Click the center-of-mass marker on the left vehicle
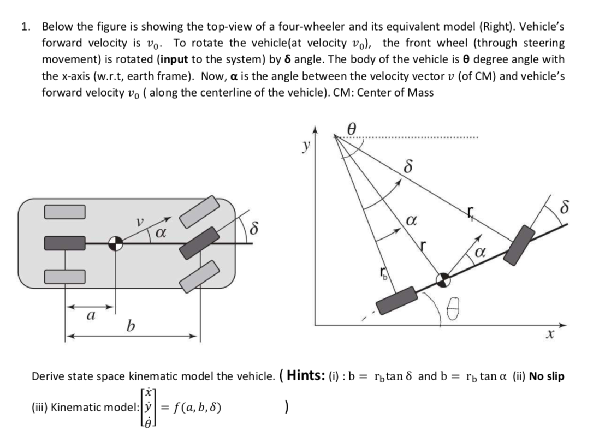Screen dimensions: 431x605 click(x=115, y=243)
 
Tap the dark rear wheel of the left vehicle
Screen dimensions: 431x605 click(x=64, y=243)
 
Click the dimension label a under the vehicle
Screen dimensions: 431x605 click(x=91, y=315)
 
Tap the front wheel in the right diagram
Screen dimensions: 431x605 click(x=520, y=244)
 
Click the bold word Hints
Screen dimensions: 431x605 click(x=311, y=375)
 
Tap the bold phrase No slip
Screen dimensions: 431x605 click(x=547, y=376)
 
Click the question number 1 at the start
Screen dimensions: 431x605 click(x=25, y=26)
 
